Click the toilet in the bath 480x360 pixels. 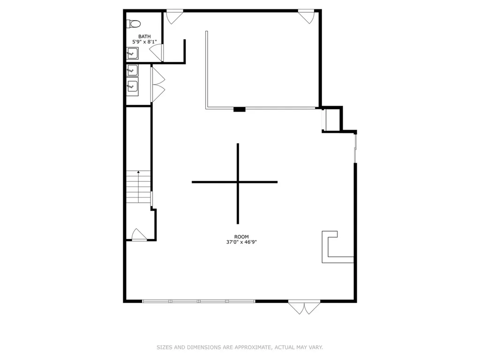[134, 23]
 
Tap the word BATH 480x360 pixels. [144, 37]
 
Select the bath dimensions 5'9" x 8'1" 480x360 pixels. [144, 42]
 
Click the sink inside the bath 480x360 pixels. [132, 53]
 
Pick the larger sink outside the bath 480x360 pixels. [132, 86]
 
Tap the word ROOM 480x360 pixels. [241, 237]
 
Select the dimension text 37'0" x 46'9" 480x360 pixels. [241, 242]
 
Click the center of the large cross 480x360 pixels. [238, 182]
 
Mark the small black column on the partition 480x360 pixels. [240, 109]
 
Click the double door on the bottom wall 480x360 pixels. [304, 307]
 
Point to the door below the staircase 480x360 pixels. [139, 235]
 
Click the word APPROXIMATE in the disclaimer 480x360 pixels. [253, 347]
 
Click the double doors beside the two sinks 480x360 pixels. [158, 84]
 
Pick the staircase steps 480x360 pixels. [138, 187]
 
